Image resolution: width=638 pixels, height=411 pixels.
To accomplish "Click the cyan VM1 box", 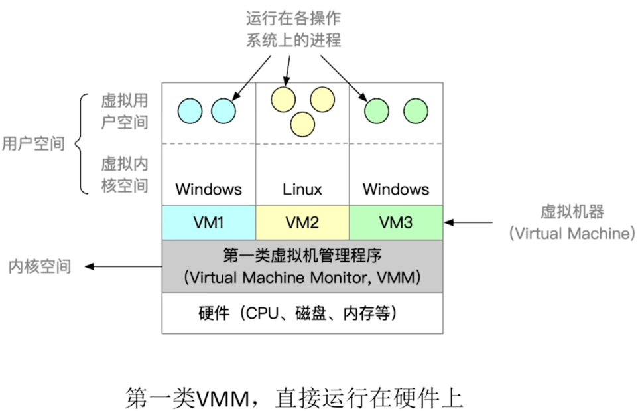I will click(x=209, y=222).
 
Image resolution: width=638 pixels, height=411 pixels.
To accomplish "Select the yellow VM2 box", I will click(x=302, y=222).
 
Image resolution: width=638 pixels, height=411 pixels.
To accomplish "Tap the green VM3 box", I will click(x=396, y=222).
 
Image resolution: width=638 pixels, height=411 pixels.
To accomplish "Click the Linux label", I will click(x=302, y=189).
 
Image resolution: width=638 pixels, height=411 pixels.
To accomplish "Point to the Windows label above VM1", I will click(x=209, y=189).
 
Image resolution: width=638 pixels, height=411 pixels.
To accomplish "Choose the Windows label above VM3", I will click(x=396, y=189).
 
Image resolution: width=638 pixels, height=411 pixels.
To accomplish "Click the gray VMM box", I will click(x=302, y=266).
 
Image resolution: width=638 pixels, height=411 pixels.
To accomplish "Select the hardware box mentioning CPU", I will click(x=302, y=313).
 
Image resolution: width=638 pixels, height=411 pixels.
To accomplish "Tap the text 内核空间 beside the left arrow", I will click(x=39, y=267).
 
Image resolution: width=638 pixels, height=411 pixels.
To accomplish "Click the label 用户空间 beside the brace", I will click(x=33, y=144).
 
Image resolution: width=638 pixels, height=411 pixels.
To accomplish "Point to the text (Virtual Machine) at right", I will click(x=572, y=233).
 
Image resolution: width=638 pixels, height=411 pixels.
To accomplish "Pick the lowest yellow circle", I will click(x=302, y=123).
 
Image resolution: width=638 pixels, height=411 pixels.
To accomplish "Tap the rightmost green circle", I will click(x=415, y=110).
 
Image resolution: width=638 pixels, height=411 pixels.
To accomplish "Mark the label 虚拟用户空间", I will click(x=124, y=111).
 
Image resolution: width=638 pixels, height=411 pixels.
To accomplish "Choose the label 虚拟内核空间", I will click(x=124, y=175).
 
